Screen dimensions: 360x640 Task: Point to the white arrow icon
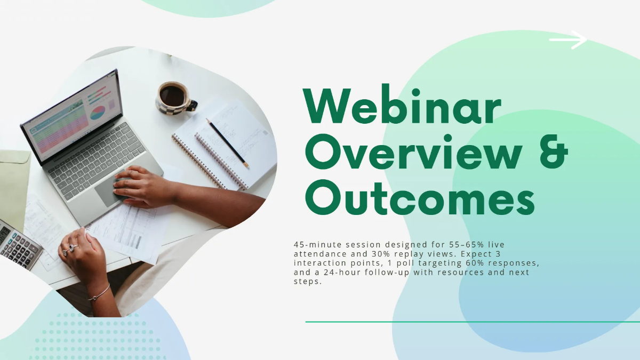tap(567, 39)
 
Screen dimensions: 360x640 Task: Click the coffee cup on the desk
tap(174, 97)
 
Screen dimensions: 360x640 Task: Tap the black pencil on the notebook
tap(228, 143)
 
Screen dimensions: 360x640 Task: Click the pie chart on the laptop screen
tap(97, 113)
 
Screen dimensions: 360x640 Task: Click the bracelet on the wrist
tap(100, 293)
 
